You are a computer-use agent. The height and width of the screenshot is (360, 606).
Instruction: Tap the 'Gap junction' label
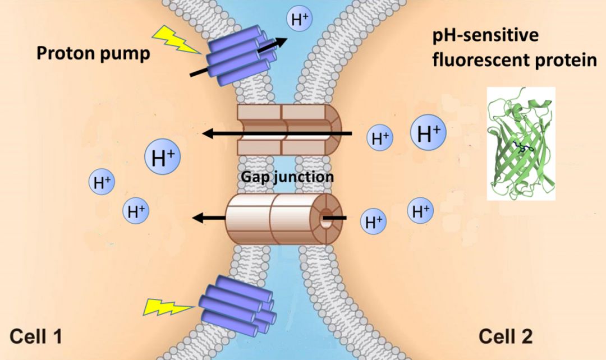[x=287, y=176]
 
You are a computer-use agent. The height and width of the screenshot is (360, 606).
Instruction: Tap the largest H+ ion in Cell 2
[x=429, y=133]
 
